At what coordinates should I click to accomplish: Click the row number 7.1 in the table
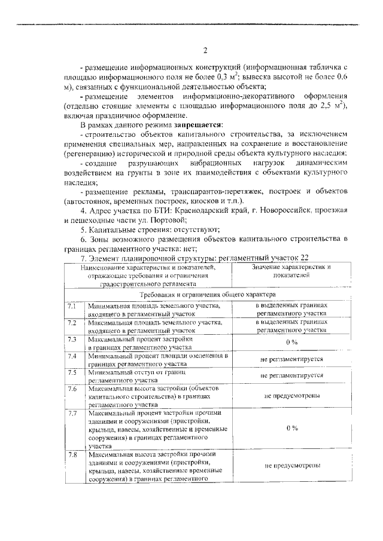(x=72, y=305)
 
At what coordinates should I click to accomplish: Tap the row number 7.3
(x=72, y=339)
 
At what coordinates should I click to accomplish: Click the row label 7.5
(x=72, y=372)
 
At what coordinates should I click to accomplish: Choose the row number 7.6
(x=72, y=389)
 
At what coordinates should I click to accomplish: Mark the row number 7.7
(x=72, y=413)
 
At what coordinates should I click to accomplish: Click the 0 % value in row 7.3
(x=291, y=343)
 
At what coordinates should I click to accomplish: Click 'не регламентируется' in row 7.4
(x=291, y=359)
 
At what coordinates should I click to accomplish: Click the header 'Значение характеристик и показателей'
(x=291, y=271)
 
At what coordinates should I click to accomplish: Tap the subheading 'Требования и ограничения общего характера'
(x=207, y=295)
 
